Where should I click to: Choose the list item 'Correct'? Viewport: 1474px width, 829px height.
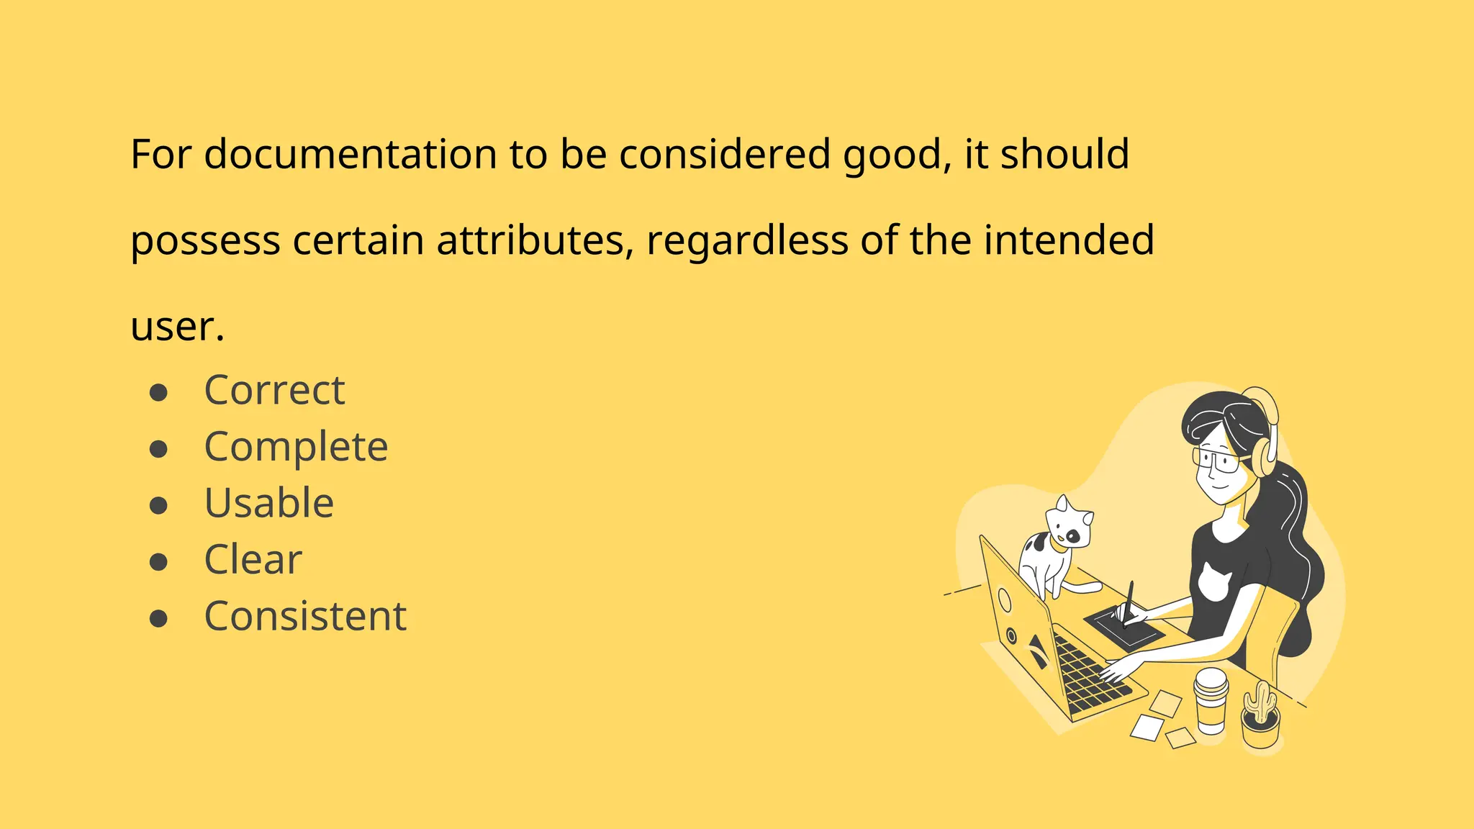tap(274, 390)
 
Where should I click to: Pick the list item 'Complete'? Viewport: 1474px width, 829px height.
tap(296, 447)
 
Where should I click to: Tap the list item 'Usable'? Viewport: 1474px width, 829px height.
tap(269, 503)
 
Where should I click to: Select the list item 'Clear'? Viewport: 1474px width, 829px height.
tap(253, 559)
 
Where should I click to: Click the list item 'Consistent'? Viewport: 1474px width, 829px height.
tap(305, 616)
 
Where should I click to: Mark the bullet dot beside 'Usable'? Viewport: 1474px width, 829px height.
tap(158, 505)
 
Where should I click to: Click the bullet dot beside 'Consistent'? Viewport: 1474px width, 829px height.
tap(158, 618)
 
